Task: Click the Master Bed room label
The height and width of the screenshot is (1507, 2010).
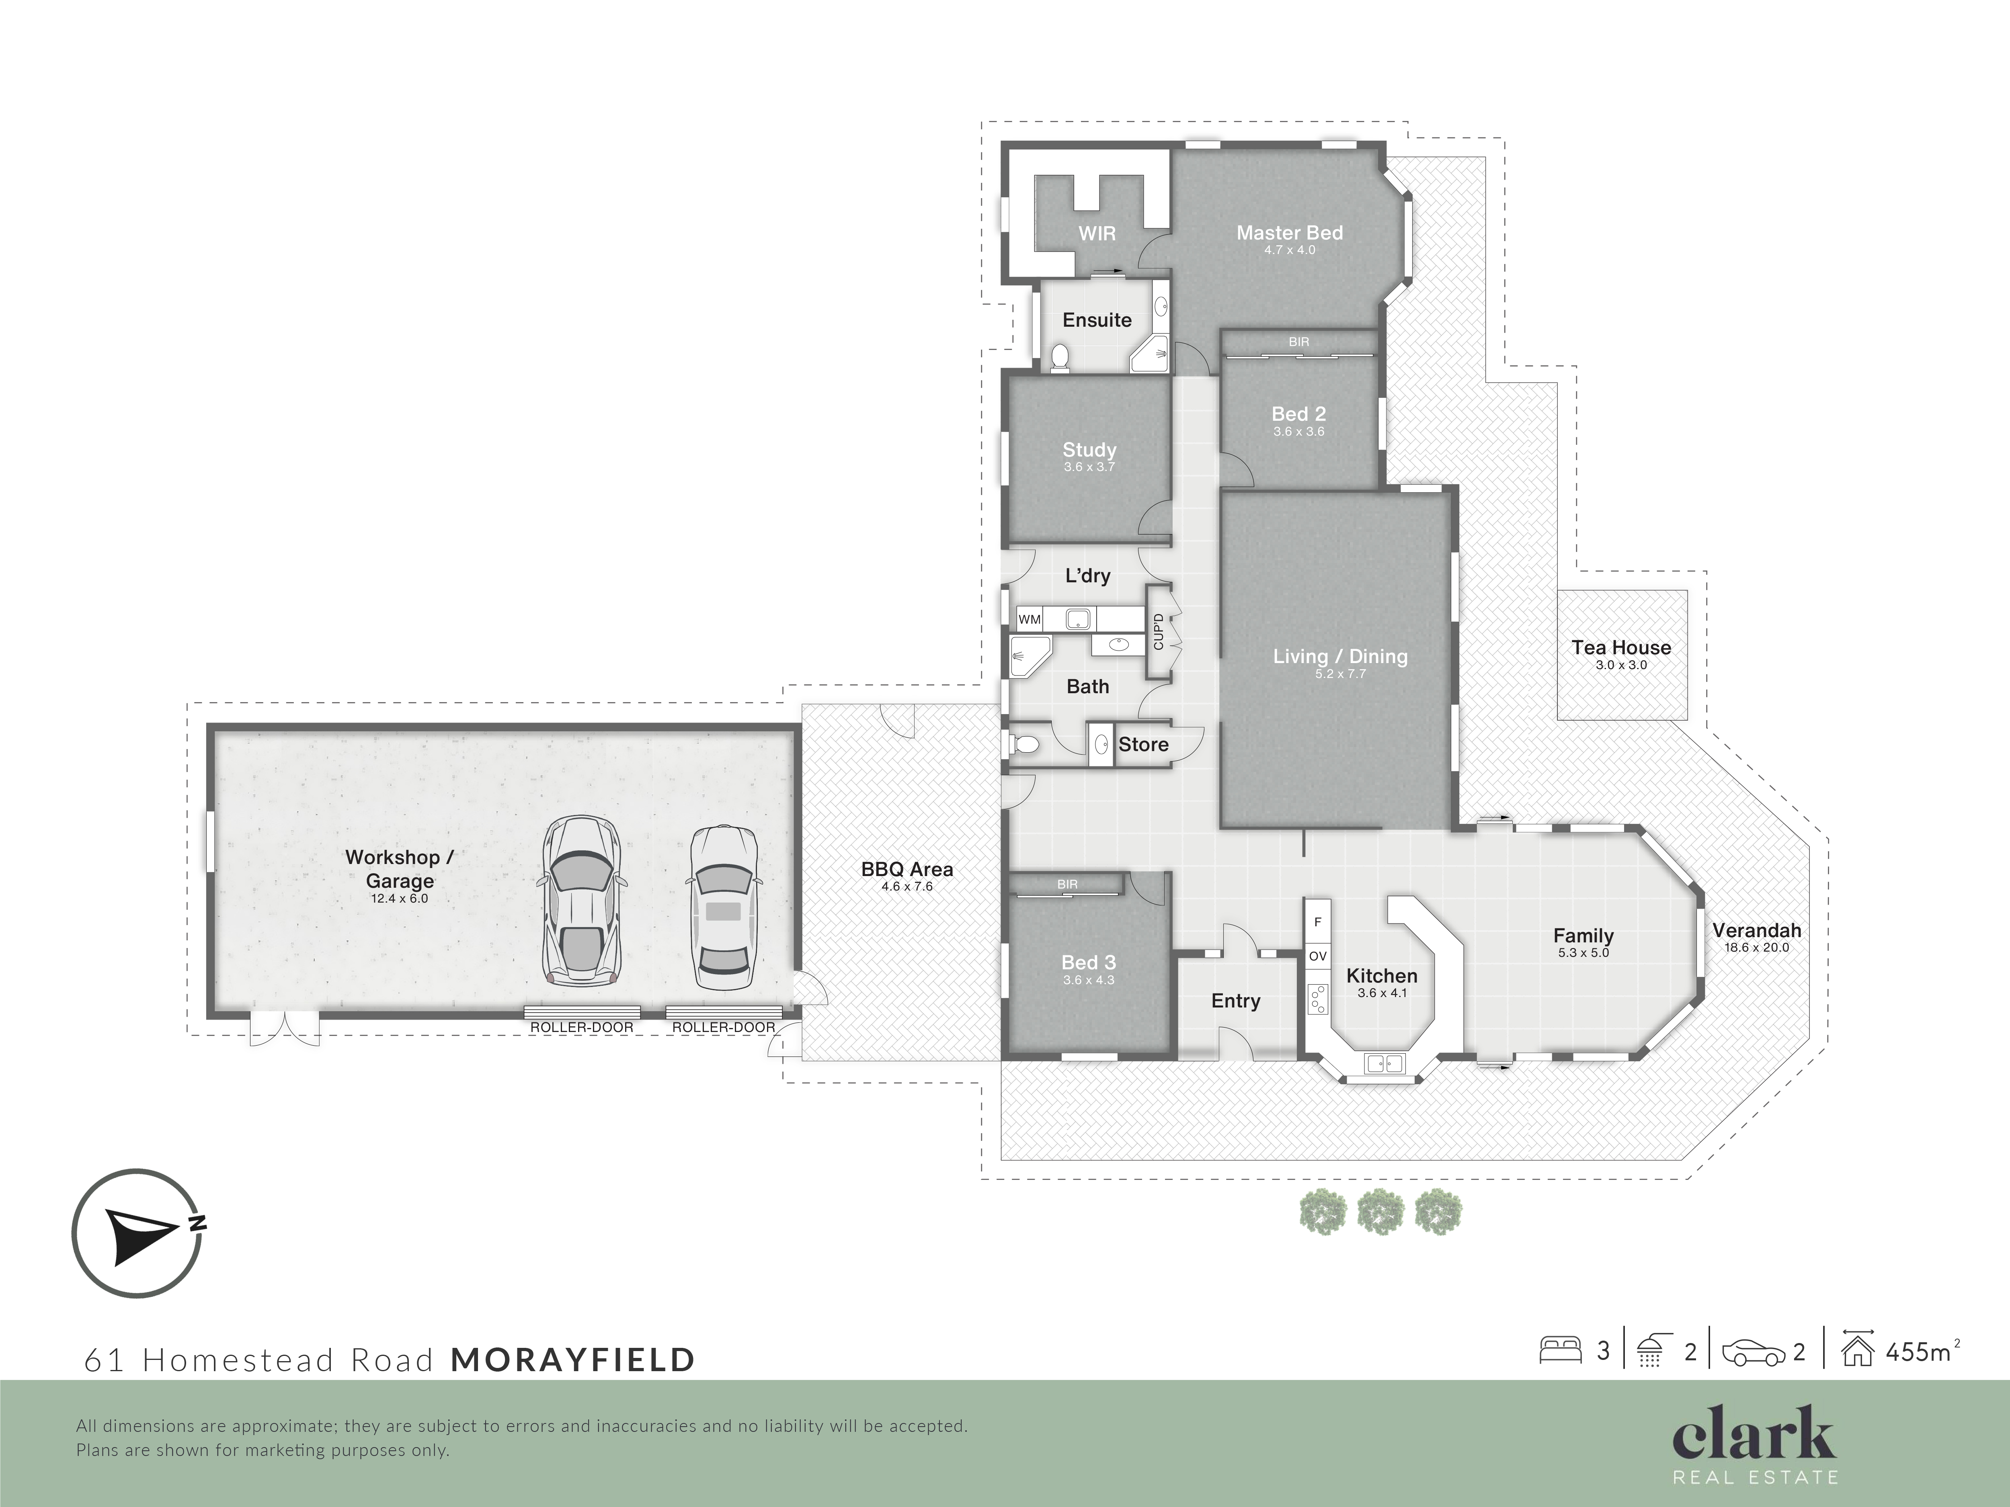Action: (x=1290, y=233)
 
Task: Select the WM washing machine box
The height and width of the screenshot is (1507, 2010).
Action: (x=1030, y=620)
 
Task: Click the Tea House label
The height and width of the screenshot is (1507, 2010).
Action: (x=1621, y=648)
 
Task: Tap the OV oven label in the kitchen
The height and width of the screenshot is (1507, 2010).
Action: (x=1318, y=956)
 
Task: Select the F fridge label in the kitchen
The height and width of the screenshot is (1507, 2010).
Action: (x=1318, y=922)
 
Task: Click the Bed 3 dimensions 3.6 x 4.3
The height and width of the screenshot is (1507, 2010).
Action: (x=1089, y=980)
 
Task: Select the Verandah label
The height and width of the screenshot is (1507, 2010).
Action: (x=1756, y=930)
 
